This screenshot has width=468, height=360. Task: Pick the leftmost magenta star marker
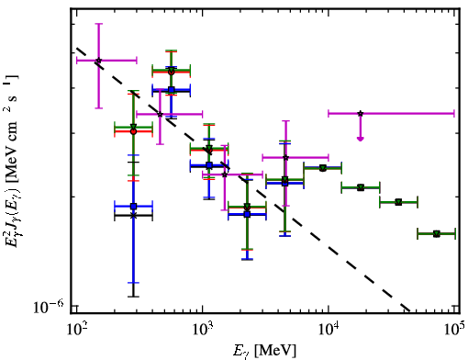tap(98, 61)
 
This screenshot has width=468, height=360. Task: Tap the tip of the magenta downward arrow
tap(361, 141)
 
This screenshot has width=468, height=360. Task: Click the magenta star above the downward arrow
tap(361, 114)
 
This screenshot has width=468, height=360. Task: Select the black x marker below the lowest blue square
tap(133, 216)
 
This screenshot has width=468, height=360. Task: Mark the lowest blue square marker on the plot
tap(247, 214)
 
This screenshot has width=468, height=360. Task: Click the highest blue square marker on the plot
tap(172, 90)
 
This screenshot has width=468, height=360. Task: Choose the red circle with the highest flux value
tap(172, 73)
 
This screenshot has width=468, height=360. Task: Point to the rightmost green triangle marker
tap(437, 234)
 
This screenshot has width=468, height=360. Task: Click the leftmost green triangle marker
tap(133, 127)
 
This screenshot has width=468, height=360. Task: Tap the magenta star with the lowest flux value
tap(225, 174)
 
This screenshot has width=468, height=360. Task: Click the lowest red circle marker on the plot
tap(247, 208)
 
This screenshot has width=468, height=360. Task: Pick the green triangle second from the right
tap(398, 202)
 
